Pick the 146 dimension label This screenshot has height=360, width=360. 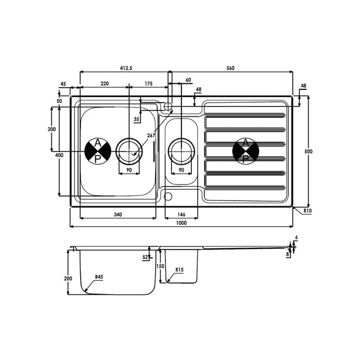coord(181,214)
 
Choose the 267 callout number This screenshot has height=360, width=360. coord(151,136)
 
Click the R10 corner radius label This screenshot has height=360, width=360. coord(308,211)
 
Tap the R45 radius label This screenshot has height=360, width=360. coord(99,277)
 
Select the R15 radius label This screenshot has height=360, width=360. coord(179,269)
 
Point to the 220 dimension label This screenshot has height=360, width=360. coord(104,83)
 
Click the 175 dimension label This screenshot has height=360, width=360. coord(148,83)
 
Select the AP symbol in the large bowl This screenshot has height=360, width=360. coord(97,151)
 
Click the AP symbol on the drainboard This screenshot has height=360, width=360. coord(245,151)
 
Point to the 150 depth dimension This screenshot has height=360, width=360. coord(160,266)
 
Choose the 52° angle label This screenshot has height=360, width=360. coord(146,257)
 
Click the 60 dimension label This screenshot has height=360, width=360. coord(188,80)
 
